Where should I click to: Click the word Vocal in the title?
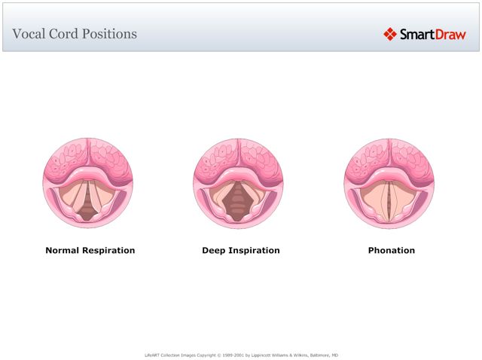(x=28, y=34)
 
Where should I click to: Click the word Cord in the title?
(x=59, y=34)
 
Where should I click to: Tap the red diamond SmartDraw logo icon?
(x=389, y=34)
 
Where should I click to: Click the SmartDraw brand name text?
(x=432, y=34)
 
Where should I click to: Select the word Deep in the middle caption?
(x=214, y=250)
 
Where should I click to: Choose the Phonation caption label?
(x=391, y=250)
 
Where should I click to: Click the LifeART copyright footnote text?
(x=240, y=355)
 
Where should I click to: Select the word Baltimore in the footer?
(x=314, y=355)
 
